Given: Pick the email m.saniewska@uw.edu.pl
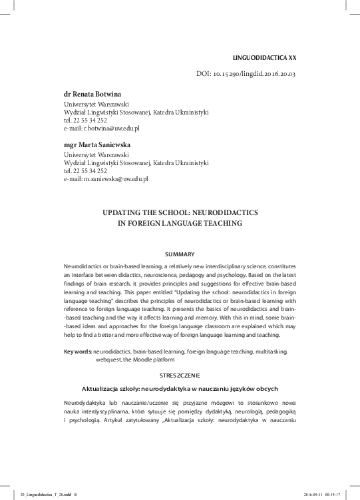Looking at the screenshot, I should click(x=106, y=179).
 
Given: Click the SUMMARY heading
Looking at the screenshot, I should click(x=180, y=255).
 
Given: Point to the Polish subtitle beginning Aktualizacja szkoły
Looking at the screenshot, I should click(x=180, y=388).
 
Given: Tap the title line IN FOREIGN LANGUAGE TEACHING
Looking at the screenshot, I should click(x=180, y=224).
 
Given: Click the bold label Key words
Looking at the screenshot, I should click(x=77, y=351).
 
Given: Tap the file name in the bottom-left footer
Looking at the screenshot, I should click(x=47, y=494).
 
